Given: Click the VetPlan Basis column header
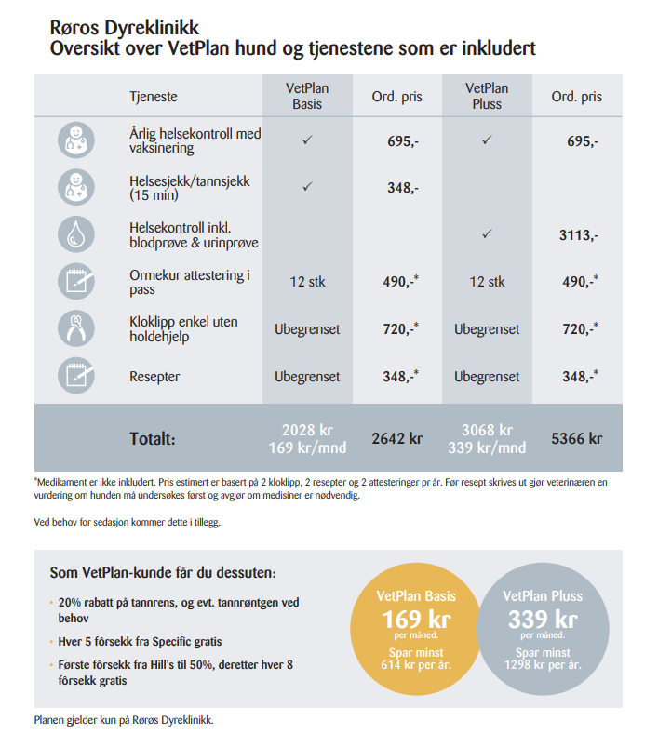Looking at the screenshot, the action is pyautogui.click(x=307, y=96).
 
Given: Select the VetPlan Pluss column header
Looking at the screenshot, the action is pyautogui.click(x=487, y=96).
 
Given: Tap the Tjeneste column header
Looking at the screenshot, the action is pyautogui.click(x=154, y=97).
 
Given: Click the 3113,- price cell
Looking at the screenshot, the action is pyautogui.click(x=579, y=234).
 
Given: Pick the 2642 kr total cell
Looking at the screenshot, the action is pyautogui.click(x=396, y=438).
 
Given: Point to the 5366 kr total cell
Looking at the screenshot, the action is pyautogui.click(x=576, y=438).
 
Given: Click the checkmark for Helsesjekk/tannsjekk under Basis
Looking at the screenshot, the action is pyautogui.click(x=307, y=186).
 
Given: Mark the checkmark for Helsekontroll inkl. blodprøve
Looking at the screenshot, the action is pyautogui.click(x=487, y=233).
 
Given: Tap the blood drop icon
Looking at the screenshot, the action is pyautogui.click(x=76, y=234).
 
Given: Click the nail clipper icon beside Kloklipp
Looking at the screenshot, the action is pyautogui.click(x=76, y=328).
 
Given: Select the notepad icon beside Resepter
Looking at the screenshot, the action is pyautogui.click(x=76, y=376).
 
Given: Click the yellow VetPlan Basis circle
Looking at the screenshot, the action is pyautogui.click(x=416, y=629).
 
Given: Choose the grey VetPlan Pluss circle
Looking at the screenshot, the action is pyautogui.click(x=543, y=629).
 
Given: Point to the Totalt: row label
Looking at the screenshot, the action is pyautogui.click(x=153, y=438).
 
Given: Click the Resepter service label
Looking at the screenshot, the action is pyautogui.click(x=154, y=377).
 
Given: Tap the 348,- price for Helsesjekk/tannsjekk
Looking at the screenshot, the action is pyautogui.click(x=403, y=188).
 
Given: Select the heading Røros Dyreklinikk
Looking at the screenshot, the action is pyautogui.click(x=125, y=28).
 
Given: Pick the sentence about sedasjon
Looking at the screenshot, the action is pyautogui.click(x=128, y=522).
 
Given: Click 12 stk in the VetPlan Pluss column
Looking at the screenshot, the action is pyautogui.click(x=487, y=282).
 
